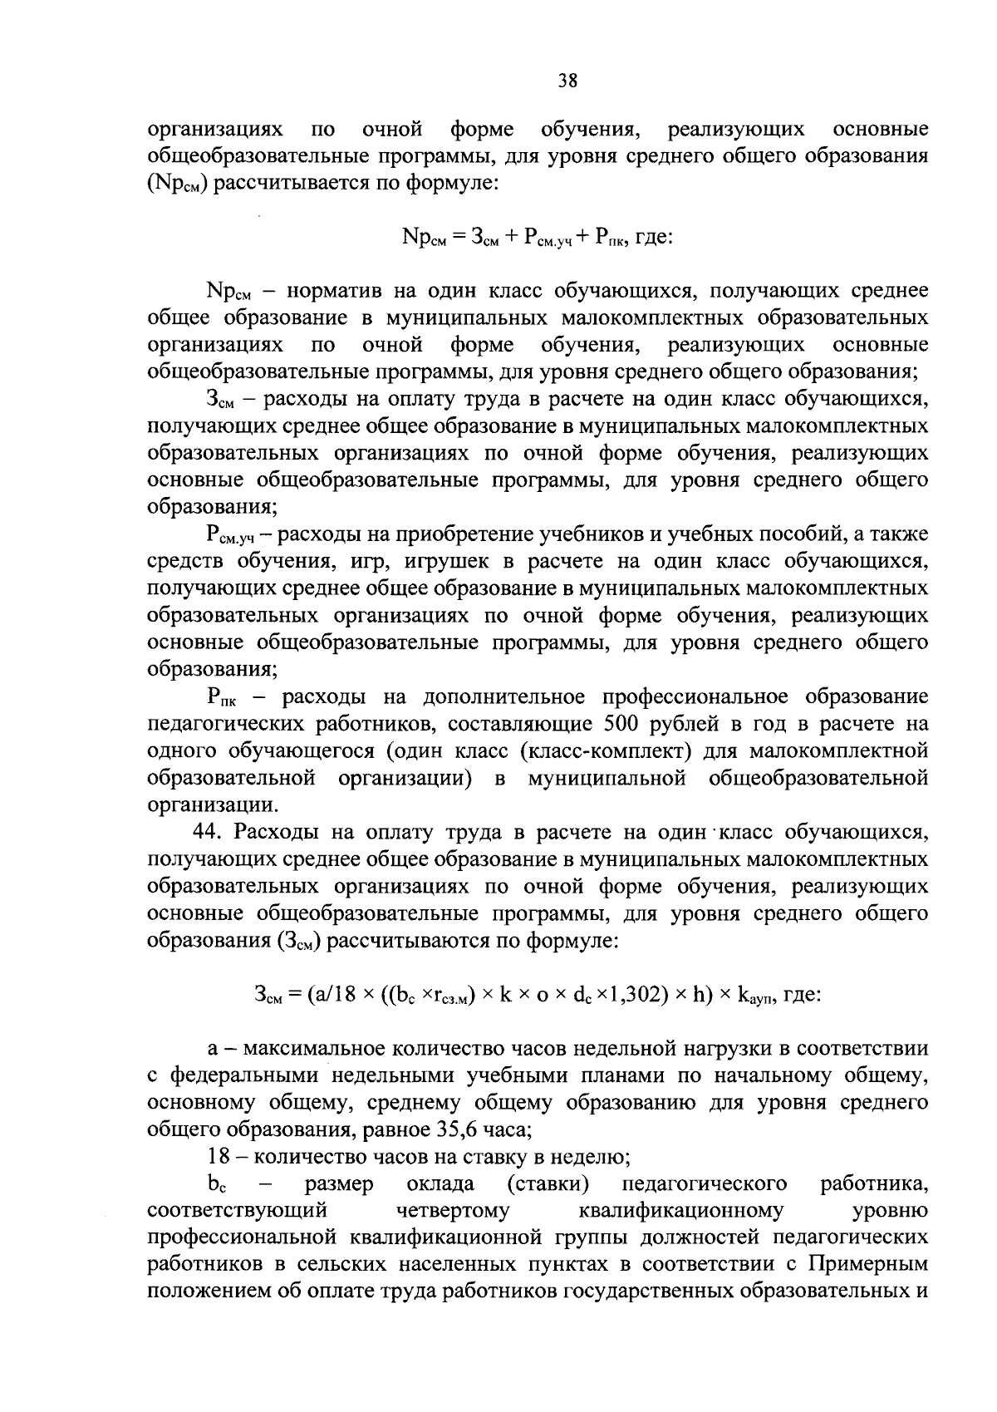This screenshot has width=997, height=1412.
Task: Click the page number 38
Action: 567,81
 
